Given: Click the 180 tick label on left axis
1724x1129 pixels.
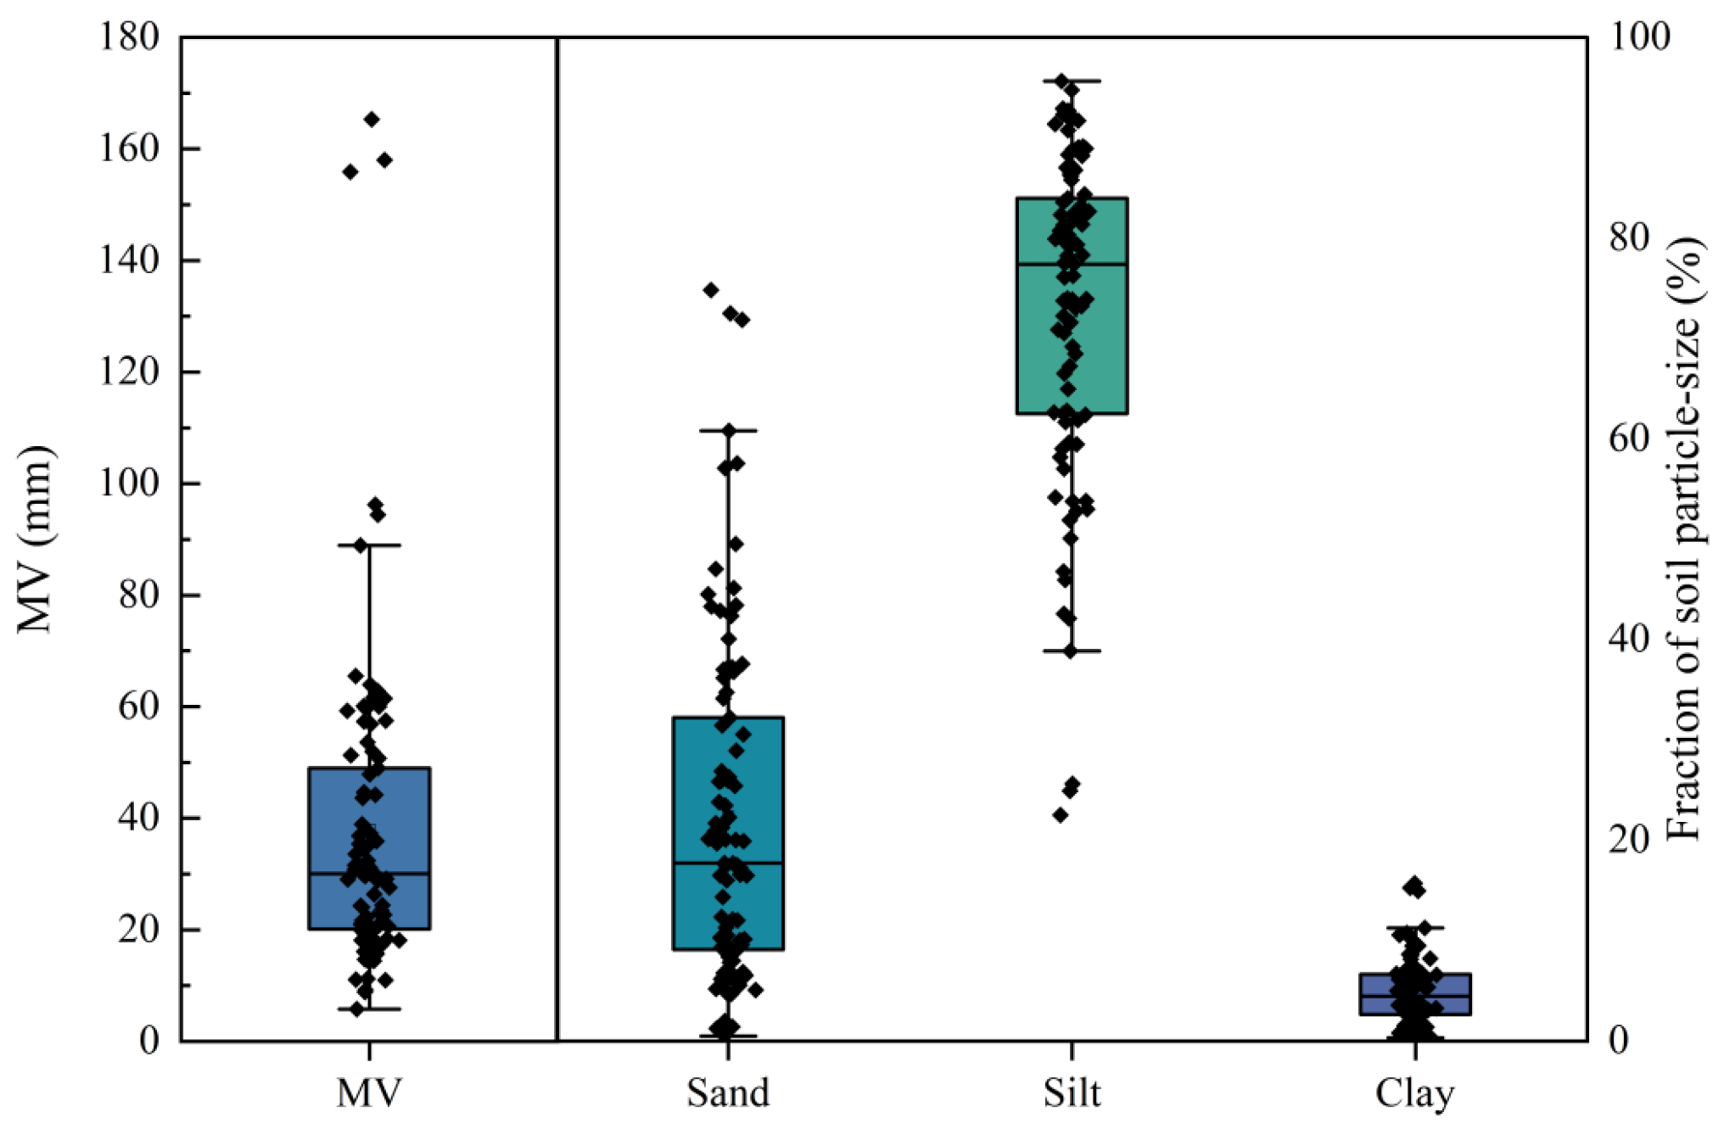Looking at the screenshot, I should (x=129, y=37).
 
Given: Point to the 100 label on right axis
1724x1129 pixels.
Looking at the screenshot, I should (x=1639, y=37).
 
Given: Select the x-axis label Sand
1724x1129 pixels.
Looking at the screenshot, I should (x=728, y=1093).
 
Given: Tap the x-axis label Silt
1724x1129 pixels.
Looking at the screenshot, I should (x=1072, y=1093).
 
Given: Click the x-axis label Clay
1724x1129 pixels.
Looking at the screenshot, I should (x=1414, y=1093).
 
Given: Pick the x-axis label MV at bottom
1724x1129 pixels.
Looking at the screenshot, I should (x=369, y=1093).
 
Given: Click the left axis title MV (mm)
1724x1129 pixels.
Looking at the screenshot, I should (x=36, y=539).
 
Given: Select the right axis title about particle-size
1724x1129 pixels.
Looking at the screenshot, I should (x=1684, y=539).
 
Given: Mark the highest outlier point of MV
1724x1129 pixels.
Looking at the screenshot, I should (x=372, y=119).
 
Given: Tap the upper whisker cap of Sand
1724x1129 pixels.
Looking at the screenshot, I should (x=728, y=431).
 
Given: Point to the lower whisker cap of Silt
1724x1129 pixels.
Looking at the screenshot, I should (x=1072, y=651).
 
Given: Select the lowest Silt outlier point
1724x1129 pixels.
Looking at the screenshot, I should (x=1060, y=815).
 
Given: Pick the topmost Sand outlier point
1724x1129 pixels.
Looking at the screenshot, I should (x=711, y=290).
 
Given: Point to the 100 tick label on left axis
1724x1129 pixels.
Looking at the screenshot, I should (x=129, y=483).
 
